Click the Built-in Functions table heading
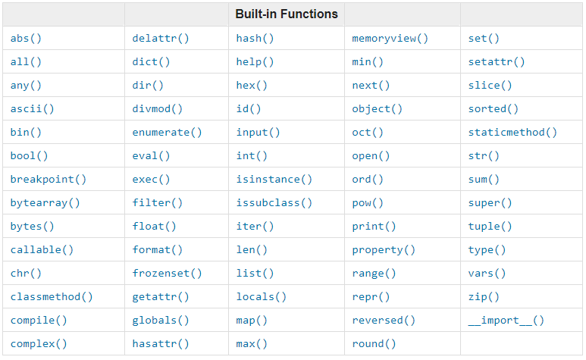tap(287, 14)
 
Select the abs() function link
tap(26, 39)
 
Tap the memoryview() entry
tap(390, 39)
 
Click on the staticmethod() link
tap(512, 133)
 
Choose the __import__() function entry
tap(506, 321)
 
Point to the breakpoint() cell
tap(49, 180)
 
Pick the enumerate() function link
tap(167, 133)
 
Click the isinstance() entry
tap(274, 180)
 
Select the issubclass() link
tap(274, 203)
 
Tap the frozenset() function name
tap(167, 274)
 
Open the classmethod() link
tap(52, 297)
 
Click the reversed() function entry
tap(384, 321)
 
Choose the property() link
tap(384, 250)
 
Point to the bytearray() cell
tap(45, 203)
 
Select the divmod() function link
tap(158, 109)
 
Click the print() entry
tap(374, 227)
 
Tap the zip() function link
tap(484, 297)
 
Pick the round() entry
tap(374, 344)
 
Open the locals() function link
tap(262, 297)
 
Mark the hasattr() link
tap(160, 344)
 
